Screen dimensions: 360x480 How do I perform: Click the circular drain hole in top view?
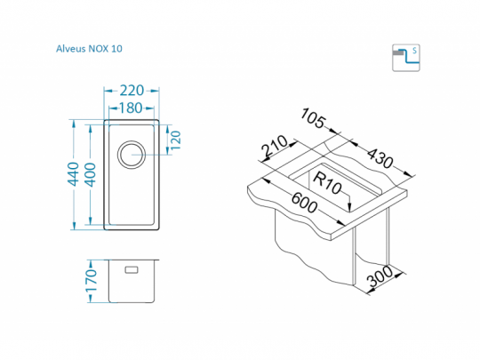pyautogui.click(x=132, y=153)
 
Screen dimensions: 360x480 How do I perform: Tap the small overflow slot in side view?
pyautogui.click(x=132, y=267)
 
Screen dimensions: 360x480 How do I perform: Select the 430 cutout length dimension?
pyautogui.click(x=380, y=160)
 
